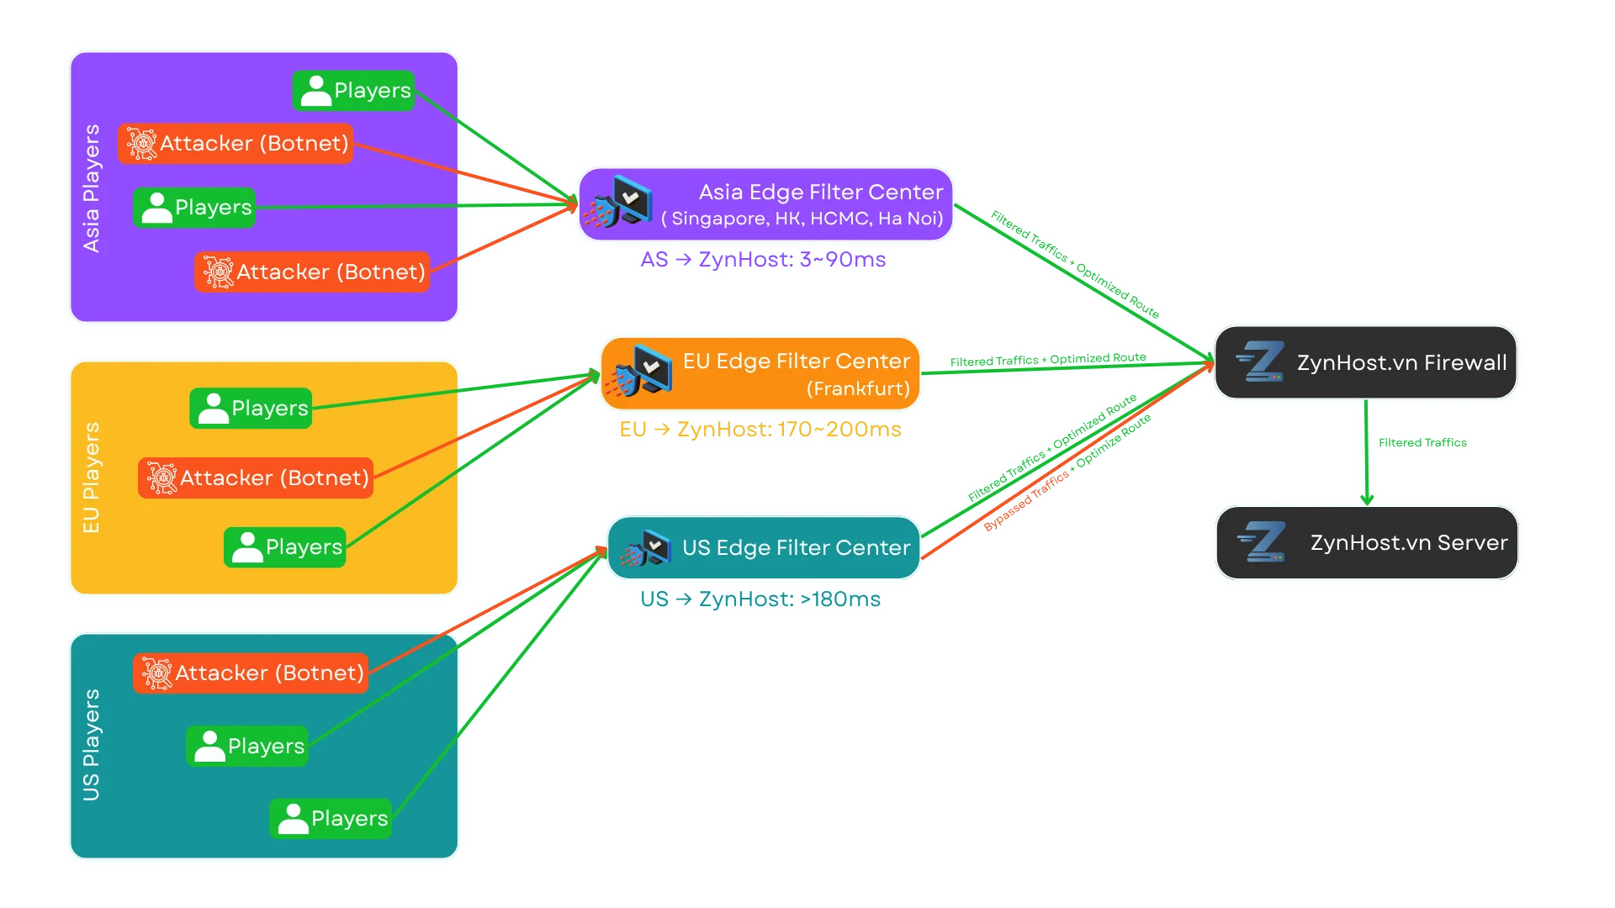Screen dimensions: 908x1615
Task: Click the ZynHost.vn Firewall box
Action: click(1366, 362)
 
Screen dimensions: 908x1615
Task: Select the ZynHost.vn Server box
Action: click(1366, 542)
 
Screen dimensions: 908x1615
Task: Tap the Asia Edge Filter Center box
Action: click(765, 204)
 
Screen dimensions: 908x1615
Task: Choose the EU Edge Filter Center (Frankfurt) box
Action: click(760, 374)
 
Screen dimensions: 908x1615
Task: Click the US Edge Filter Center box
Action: click(764, 548)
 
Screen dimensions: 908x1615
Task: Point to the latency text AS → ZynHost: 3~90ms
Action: click(762, 259)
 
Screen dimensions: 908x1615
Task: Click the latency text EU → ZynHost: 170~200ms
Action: click(760, 430)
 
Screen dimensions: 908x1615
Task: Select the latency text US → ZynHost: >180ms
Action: click(760, 599)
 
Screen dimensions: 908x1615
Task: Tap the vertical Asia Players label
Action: click(91, 188)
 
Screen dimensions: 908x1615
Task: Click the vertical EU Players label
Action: click(91, 478)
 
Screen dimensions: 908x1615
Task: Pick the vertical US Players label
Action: click(91, 745)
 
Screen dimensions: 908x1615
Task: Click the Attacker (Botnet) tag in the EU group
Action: click(256, 478)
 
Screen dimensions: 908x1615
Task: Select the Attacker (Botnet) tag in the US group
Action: click(251, 673)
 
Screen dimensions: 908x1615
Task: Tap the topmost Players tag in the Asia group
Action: click(354, 90)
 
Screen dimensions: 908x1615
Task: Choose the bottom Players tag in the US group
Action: click(331, 818)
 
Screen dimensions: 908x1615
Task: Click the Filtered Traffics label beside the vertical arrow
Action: click(1422, 442)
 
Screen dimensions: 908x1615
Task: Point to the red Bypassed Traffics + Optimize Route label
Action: click(1067, 473)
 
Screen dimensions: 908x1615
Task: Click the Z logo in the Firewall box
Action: click(1260, 362)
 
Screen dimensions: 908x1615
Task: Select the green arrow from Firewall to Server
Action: click(1366, 454)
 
